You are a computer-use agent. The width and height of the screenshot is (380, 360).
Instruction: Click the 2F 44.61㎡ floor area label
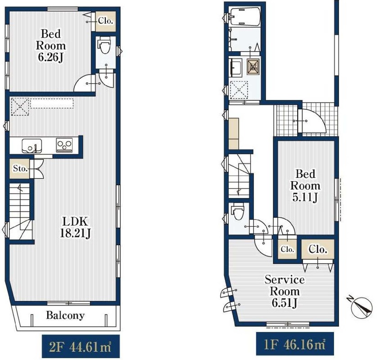pos(81,346)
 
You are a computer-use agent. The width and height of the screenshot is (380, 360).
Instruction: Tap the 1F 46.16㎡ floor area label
pos(295,344)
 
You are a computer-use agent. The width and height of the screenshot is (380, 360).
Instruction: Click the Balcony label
pos(65,315)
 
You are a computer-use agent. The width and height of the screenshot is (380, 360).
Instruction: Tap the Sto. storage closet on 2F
pos(20,168)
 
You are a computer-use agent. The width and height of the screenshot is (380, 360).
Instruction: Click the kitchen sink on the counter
pos(32,146)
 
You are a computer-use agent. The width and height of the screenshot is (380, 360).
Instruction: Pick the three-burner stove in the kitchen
pos(64,145)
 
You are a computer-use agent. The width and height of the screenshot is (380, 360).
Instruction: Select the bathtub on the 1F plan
pos(245,16)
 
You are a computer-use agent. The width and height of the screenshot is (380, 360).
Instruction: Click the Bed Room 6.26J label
pos(50,45)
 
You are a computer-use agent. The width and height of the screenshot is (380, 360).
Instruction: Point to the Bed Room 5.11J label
pos(305,185)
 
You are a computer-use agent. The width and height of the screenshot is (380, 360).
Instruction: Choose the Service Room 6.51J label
pos(285,291)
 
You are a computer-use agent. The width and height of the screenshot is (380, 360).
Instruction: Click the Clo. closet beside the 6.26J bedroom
pos(105,21)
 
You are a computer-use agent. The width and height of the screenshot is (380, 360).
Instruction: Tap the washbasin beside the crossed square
pos(235,67)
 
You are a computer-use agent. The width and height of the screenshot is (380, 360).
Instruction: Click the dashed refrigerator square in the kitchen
pos(20,106)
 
